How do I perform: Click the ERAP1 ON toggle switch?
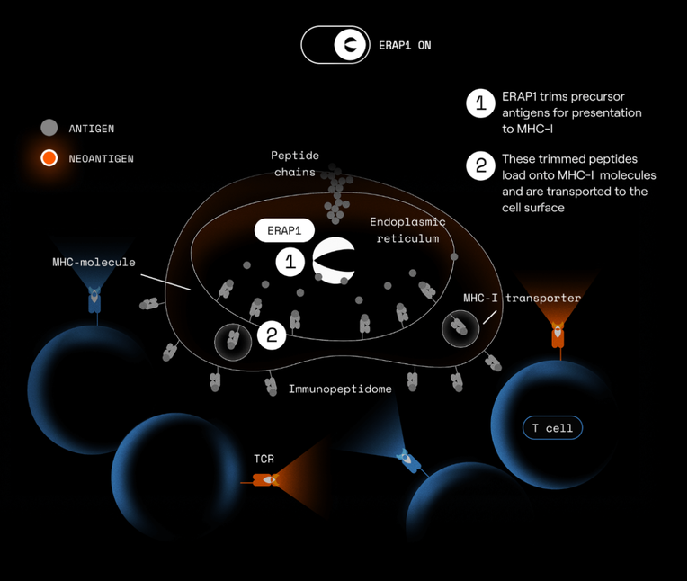tap(335, 45)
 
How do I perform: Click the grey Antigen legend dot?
tap(49, 128)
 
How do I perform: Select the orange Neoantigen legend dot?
tap(49, 158)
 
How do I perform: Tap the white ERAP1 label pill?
tap(284, 230)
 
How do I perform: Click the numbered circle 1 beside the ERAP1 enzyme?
tap(290, 262)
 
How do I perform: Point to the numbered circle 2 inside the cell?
tap(272, 335)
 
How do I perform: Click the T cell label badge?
tap(552, 427)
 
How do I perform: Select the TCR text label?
tap(264, 459)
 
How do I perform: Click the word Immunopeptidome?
tap(340, 389)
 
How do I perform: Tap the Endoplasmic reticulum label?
tap(407, 230)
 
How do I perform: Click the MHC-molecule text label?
tap(94, 262)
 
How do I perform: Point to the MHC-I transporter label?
tap(523, 298)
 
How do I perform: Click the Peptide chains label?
tap(295, 164)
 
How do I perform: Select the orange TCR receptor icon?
tap(265, 480)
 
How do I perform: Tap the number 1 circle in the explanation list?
tap(481, 103)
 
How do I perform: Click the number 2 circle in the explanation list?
tap(481, 165)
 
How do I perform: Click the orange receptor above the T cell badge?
tap(558, 335)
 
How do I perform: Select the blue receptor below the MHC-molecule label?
tap(94, 300)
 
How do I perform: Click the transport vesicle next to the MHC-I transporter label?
tap(460, 328)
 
